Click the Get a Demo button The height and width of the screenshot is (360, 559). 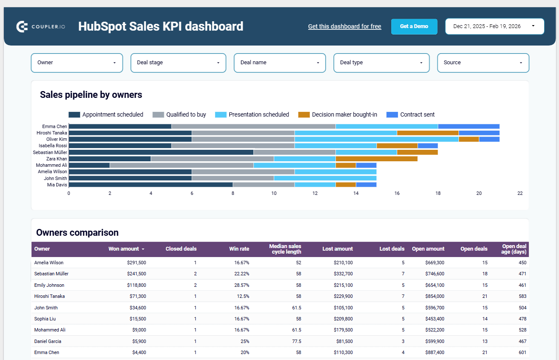[414, 26]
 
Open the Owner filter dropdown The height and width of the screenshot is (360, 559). [77, 63]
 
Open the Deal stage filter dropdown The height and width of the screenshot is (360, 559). [178, 63]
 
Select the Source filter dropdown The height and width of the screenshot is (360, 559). [483, 63]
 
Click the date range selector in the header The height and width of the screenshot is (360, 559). [494, 26]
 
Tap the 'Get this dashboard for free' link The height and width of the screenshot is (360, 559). [344, 26]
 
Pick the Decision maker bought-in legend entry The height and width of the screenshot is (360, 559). [338, 114]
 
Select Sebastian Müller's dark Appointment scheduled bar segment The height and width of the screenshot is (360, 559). [161, 152]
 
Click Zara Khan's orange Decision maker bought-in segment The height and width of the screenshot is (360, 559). [376, 159]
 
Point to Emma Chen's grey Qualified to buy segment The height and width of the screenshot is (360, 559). [253, 126]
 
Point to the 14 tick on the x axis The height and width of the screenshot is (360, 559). [356, 193]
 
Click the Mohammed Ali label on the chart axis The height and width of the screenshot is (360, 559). [51, 165]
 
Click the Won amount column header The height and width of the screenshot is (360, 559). [124, 249]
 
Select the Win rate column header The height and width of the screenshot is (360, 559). [239, 249]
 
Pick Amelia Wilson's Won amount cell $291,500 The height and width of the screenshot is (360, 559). [136, 263]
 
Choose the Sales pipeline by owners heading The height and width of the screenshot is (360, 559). [91, 95]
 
